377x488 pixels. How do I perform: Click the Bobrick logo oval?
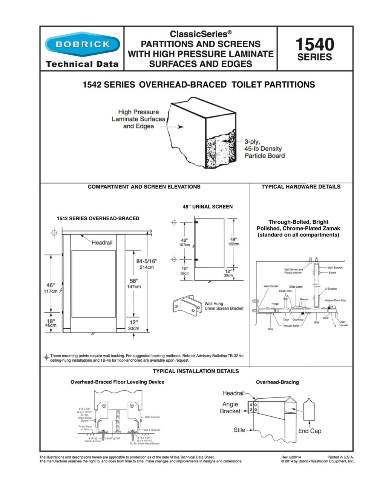[82, 45]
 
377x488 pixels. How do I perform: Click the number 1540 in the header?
[314, 45]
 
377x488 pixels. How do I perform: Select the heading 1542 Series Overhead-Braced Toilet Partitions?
[199, 85]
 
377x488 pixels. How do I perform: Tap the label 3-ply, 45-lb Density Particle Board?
[264, 149]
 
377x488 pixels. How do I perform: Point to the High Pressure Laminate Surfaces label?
[138, 119]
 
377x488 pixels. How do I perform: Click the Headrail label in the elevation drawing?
[102, 242]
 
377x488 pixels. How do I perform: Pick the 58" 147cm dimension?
[133, 284]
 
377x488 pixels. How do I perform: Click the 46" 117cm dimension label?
[51, 288]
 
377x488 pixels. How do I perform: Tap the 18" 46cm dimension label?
[51, 323]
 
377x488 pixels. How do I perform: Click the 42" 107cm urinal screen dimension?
[184, 242]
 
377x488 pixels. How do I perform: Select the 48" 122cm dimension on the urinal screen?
[233, 241]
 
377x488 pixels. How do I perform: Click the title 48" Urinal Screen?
[207, 207]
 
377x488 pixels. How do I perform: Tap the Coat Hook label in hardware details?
[285, 291]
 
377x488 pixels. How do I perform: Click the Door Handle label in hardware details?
[343, 324]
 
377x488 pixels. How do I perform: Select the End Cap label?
[310, 431]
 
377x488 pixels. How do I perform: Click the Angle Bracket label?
[230, 408]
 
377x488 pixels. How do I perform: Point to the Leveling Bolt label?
[112, 438]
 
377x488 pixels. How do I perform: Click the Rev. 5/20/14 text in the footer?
[291, 457]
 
